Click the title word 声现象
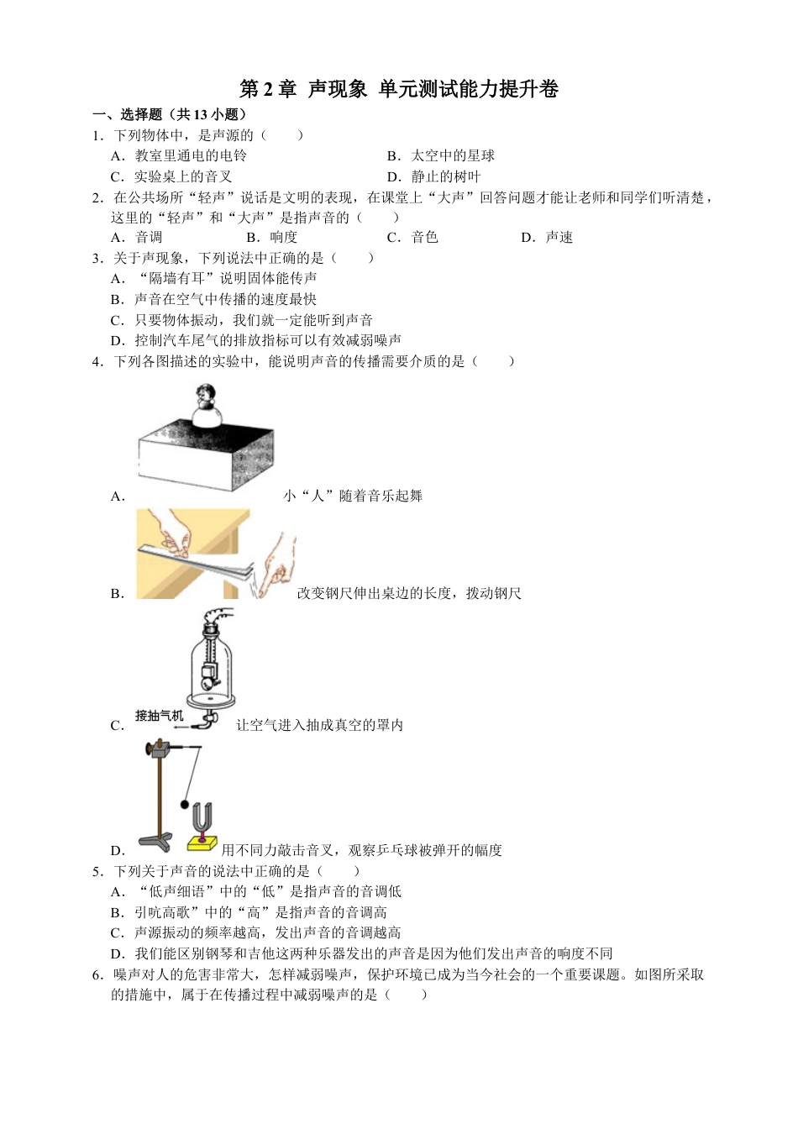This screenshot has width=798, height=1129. click(338, 90)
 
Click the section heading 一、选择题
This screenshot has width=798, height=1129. click(127, 115)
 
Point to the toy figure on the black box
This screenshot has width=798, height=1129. click(204, 407)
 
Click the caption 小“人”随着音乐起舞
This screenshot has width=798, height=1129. click(353, 496)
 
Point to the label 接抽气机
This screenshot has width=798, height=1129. click(159, 716)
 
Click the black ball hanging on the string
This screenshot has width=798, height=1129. click(184, 805)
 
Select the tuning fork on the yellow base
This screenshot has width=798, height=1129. click(202, 822)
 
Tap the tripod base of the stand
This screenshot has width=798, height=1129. click(155, 841)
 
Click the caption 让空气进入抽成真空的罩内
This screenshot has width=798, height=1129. click(319, 725)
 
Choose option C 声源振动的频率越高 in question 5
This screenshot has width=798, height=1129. click(267, 933)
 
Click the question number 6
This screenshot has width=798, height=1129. click(97, 975)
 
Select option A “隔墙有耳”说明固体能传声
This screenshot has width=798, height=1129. click(225, 279)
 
